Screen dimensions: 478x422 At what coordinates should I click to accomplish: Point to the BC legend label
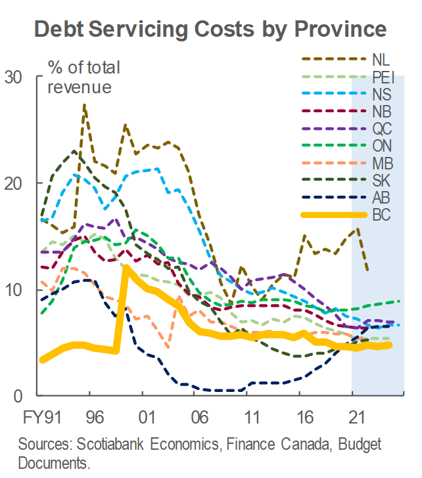tap(381, 215)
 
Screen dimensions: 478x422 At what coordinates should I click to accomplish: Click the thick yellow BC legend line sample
tap(334, 215)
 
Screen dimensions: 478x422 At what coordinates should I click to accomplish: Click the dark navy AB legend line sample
tap(334, 198)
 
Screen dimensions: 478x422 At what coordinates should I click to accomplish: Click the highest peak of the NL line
tap(84, 104)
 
